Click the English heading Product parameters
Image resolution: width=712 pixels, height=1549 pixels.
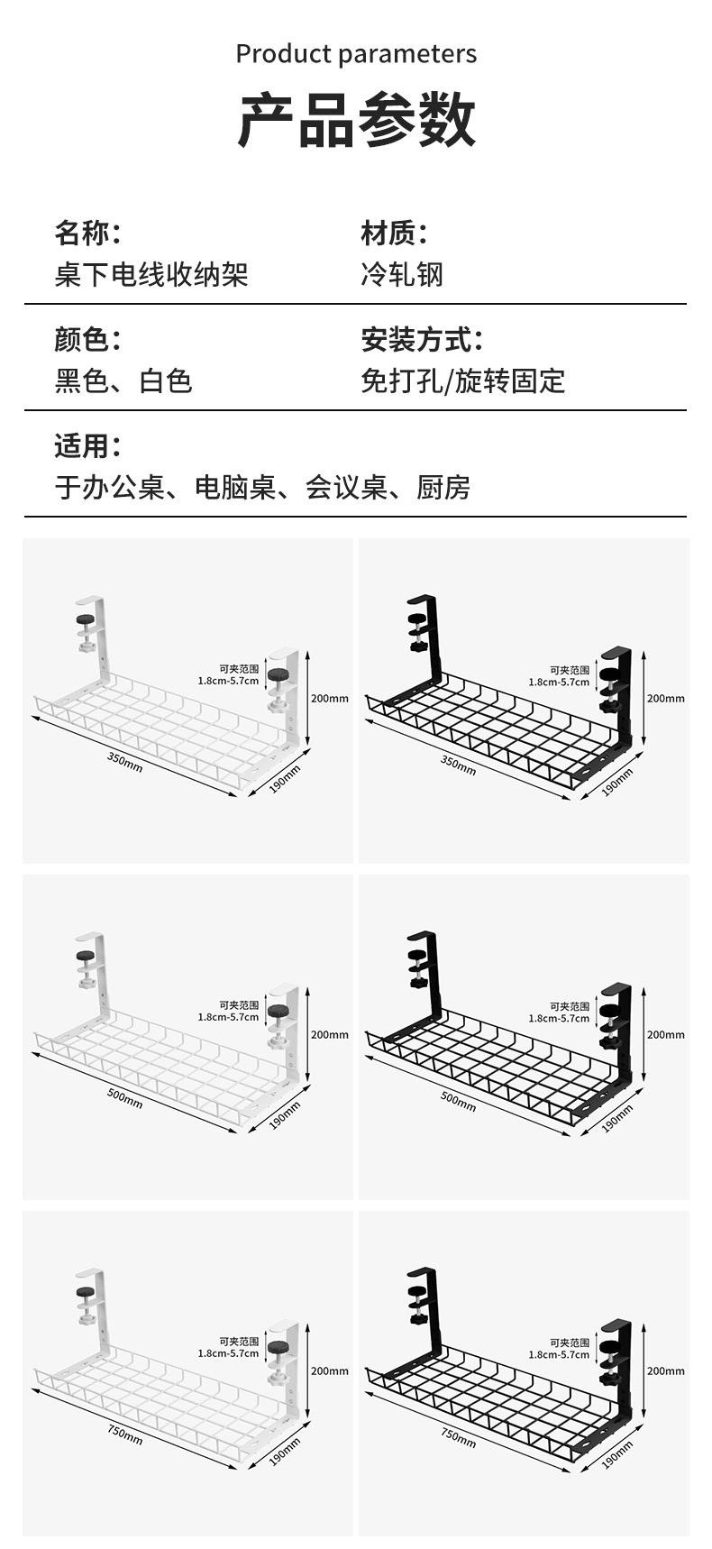pyautogui.click(x=356, y=54)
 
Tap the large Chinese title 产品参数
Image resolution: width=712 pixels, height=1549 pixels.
pyautogui.click(x=356, y=119)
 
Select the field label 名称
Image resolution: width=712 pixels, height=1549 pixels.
pyautogui.click(x=87, y=234)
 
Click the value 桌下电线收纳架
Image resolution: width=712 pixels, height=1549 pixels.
pyautogui.click(x=151, y=274)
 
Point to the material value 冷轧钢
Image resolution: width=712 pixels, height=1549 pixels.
pyautogui.click(x=402, y=274)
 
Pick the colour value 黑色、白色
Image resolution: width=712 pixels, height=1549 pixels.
pyautogui.click(x=123, y=380)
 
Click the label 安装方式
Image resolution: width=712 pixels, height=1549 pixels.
pyautogui.click(x=421, y=340)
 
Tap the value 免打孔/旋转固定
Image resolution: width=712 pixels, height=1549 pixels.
pyautogui.click(x=462, y=380)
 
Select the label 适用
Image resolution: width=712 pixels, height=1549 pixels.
pyautogui.click(x=87, y=445)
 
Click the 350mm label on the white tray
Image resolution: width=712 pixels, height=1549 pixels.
pyautogui.click(x=124, y=762)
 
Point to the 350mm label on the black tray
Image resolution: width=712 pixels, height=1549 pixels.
pyautogui.click(x=458, y=764)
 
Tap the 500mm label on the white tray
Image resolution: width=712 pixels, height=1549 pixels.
pyautogui.click(x=125, y=1098)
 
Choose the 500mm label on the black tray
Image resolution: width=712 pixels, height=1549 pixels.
pyautogui.click(x=458, y=1100)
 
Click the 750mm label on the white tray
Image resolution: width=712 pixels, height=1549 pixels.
pyautogui.click(x=125, y=1434)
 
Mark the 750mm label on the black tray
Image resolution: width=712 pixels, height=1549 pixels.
pyautogui.click(x=458, y=1436)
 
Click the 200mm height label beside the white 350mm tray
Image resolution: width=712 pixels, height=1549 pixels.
pyautogui.click(x=329, y=699)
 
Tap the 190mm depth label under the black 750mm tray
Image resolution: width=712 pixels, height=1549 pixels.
pyautogui.click(x=617, y=1453)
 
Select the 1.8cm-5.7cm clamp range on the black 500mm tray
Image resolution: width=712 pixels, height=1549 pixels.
pyautogui.click(x=559, y=1018)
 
